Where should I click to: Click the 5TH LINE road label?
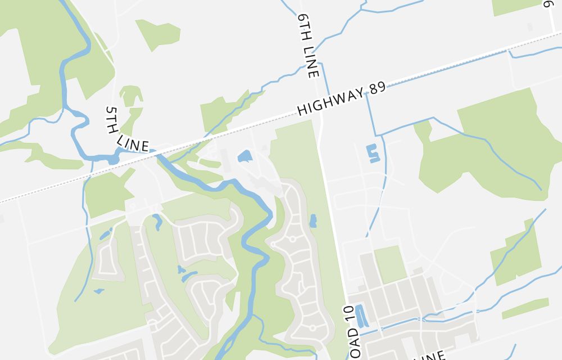pos(126,129)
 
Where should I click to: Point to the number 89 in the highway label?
pos(377,89)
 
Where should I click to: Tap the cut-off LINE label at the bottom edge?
pos(430,355)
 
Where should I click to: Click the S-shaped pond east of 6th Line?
pos(373,153)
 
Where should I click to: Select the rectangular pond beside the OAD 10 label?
pos(360,316)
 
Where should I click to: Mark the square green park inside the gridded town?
pos(390,264)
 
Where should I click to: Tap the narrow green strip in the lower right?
pos(525,308)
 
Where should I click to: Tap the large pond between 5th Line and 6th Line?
pos(244,156)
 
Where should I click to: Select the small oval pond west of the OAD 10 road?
pos(312,220)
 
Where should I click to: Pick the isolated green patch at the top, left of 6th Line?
pos(159,34)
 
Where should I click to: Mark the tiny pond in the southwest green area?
pos(99,291)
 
